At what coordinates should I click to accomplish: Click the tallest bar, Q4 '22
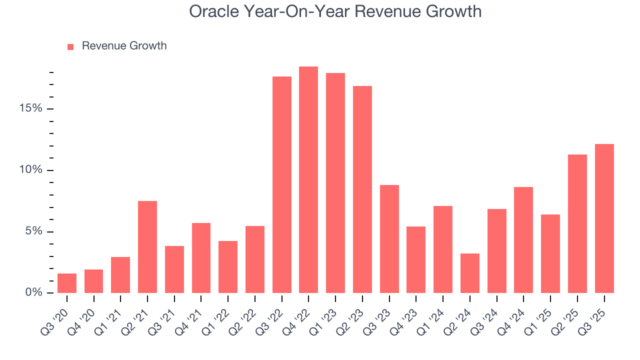tap(308, 180)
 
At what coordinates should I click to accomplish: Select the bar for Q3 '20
tap(67, 283)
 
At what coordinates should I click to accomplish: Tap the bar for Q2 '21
tap(147, 247)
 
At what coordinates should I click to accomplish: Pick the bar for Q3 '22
tap(282, 185)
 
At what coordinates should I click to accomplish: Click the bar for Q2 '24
tap(470, 273)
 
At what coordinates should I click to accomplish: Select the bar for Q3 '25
tap(604, 218)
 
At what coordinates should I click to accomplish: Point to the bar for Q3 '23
tap(389, 239)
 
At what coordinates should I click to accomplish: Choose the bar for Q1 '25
tap(550, 254)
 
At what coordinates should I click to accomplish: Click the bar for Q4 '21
tap(201, 258)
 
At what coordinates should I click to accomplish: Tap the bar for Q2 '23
tap(362, 189)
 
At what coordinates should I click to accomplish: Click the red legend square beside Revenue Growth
tap(70, 46)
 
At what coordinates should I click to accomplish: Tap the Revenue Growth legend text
tap(124, 46)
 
